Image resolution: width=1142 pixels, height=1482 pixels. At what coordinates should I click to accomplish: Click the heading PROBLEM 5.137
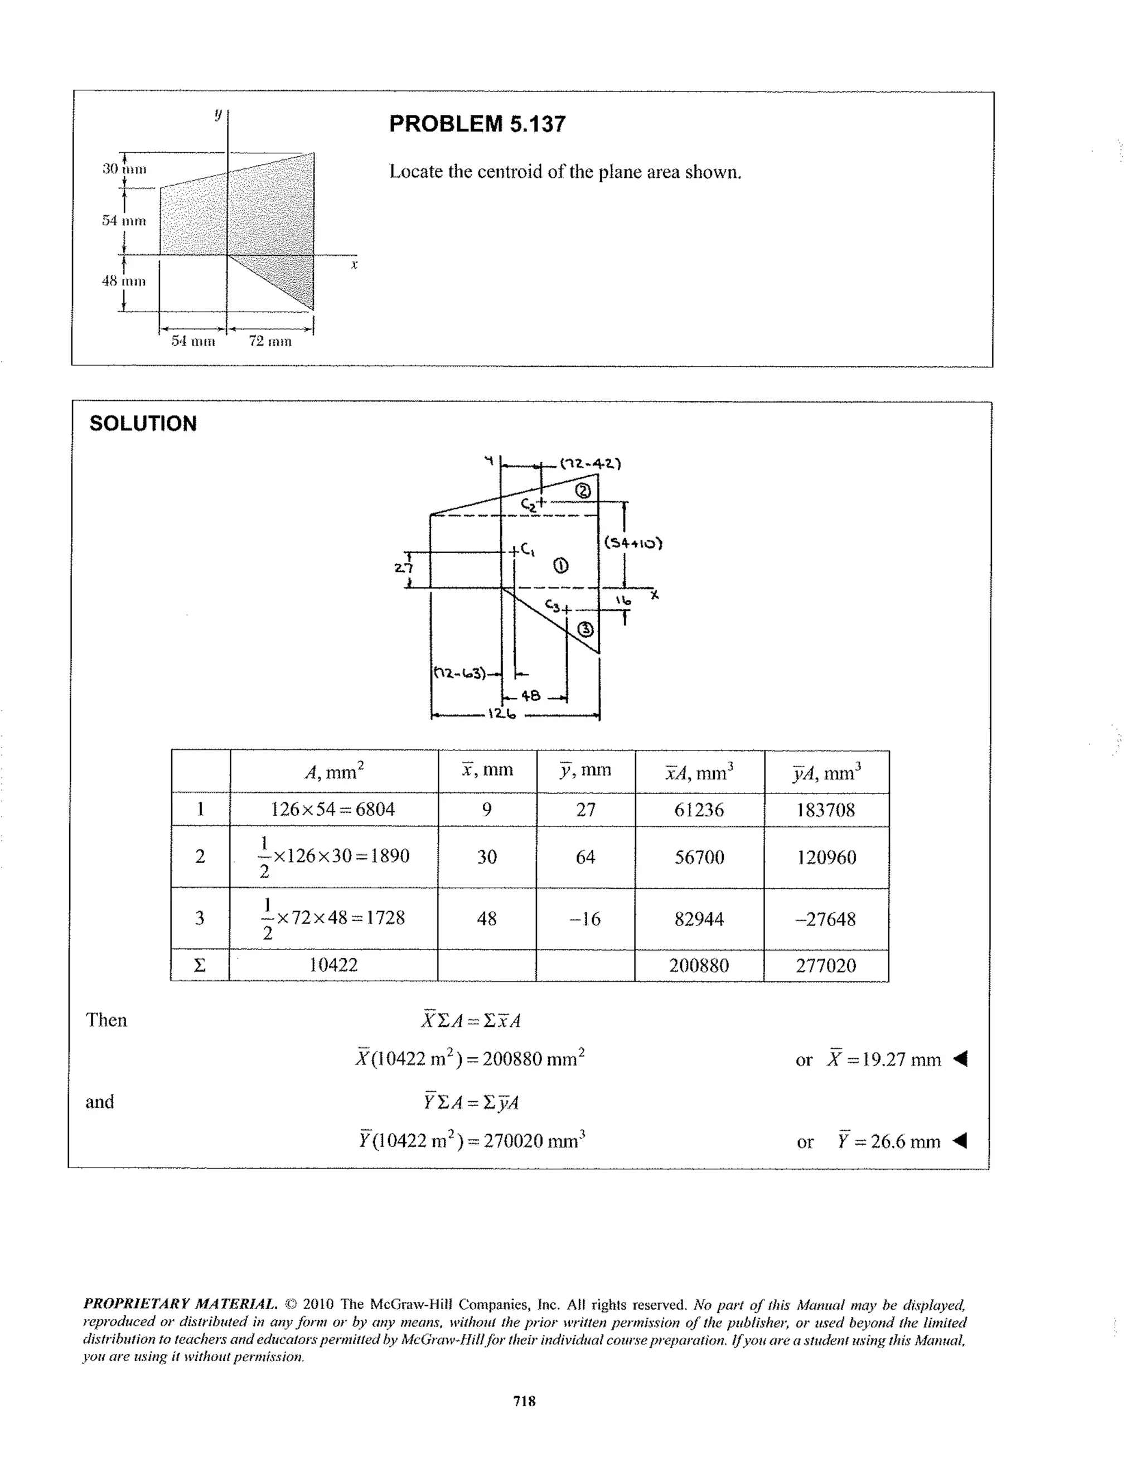click(x=477, y=124)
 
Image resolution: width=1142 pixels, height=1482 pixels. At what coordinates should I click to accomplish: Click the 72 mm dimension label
click(x=270, y=341)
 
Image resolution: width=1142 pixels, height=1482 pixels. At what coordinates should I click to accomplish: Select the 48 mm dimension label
click(x=123, y=281)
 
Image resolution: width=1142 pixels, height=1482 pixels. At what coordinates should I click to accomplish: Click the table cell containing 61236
click(x=699, y=810)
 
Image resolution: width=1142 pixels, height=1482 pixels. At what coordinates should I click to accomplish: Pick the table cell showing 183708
click(x=826, y=810)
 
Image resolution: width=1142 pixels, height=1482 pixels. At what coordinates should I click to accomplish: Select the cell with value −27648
click(x=826, y=919)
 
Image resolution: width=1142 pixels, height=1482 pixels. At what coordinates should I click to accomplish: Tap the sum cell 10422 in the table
click(x=333, y=965)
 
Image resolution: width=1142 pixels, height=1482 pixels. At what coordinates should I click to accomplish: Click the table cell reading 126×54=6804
click(x=332, y=809)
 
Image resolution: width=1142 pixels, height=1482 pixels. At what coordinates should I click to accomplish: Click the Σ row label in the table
click(x=200, y=966)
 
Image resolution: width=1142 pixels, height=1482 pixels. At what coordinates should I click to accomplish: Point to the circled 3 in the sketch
click(x=585, y=629)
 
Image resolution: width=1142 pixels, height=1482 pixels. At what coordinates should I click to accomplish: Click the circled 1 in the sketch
click(x=560, y=565)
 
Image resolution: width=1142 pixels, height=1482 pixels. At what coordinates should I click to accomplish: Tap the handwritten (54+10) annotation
click(x=632, y=543)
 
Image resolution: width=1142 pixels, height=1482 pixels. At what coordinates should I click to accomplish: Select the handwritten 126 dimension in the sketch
click(x=501, y=714)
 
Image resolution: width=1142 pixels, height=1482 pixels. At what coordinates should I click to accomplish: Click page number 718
click(x=525, y=1400)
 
